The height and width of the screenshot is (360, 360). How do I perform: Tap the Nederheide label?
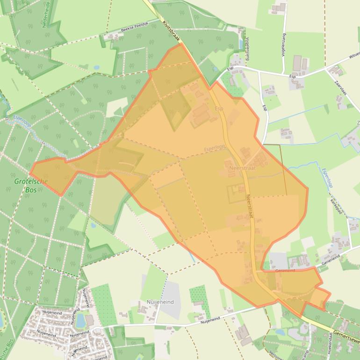tap(46, 14)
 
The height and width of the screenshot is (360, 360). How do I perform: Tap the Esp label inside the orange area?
tap(219, 108)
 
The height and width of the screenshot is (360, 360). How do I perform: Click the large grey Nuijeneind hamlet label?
tap(159, 302)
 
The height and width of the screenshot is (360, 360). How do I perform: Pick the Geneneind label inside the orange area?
tap(286, 270)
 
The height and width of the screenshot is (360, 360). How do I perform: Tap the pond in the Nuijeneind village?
tap(80, 320)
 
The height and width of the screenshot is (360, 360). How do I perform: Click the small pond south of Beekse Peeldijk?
tap(96, 67)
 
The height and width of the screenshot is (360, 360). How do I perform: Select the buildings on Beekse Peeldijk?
tap(112, 36)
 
